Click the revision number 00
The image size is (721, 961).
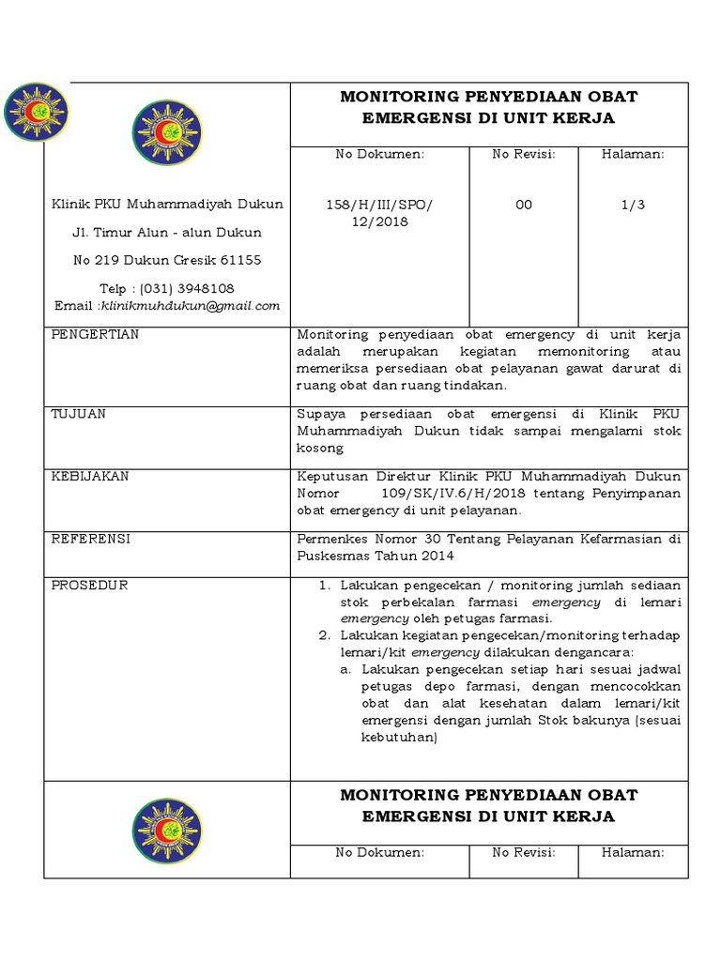pos(524,205)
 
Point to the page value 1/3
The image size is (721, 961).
pos(633,205)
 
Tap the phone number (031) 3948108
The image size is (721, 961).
pos(188,288)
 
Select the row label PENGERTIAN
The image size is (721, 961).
pos(95,335)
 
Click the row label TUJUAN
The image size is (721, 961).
pos(78,413)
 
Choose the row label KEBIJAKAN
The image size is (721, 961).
pos(90,477)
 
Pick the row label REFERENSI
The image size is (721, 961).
pos(90,539)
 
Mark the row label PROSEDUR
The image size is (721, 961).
pos(89,586)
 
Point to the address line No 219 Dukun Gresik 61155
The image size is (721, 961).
pos(167,260)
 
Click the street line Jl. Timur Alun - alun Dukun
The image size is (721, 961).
pos(167,232)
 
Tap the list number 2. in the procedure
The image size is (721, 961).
pos(323,635)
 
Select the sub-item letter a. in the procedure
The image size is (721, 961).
pos(345,670)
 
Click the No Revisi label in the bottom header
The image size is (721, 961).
pos(524,852)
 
